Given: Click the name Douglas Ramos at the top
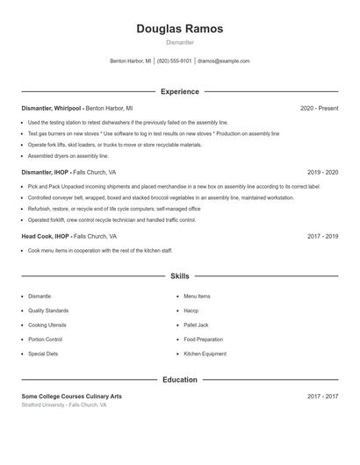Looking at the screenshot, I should (179, 29).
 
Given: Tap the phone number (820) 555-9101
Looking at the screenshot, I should (174, 61).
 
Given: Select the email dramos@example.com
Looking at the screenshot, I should (224, 61).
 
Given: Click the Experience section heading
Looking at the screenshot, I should (179, 91).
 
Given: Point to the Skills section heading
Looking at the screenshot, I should (179, 276).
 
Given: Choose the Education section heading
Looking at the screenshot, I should (179, 380).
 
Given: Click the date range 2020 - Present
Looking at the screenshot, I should (319, 108).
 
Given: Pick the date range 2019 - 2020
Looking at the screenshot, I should (322, 172).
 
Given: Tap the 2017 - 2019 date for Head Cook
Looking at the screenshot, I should (322, 236).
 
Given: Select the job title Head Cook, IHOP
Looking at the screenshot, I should (46, 236).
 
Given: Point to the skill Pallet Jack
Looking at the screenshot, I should (196, 325).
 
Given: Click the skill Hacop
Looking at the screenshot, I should (191, 311).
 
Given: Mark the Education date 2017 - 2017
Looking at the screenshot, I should (322, 397).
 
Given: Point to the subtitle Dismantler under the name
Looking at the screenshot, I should (179, 42).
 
